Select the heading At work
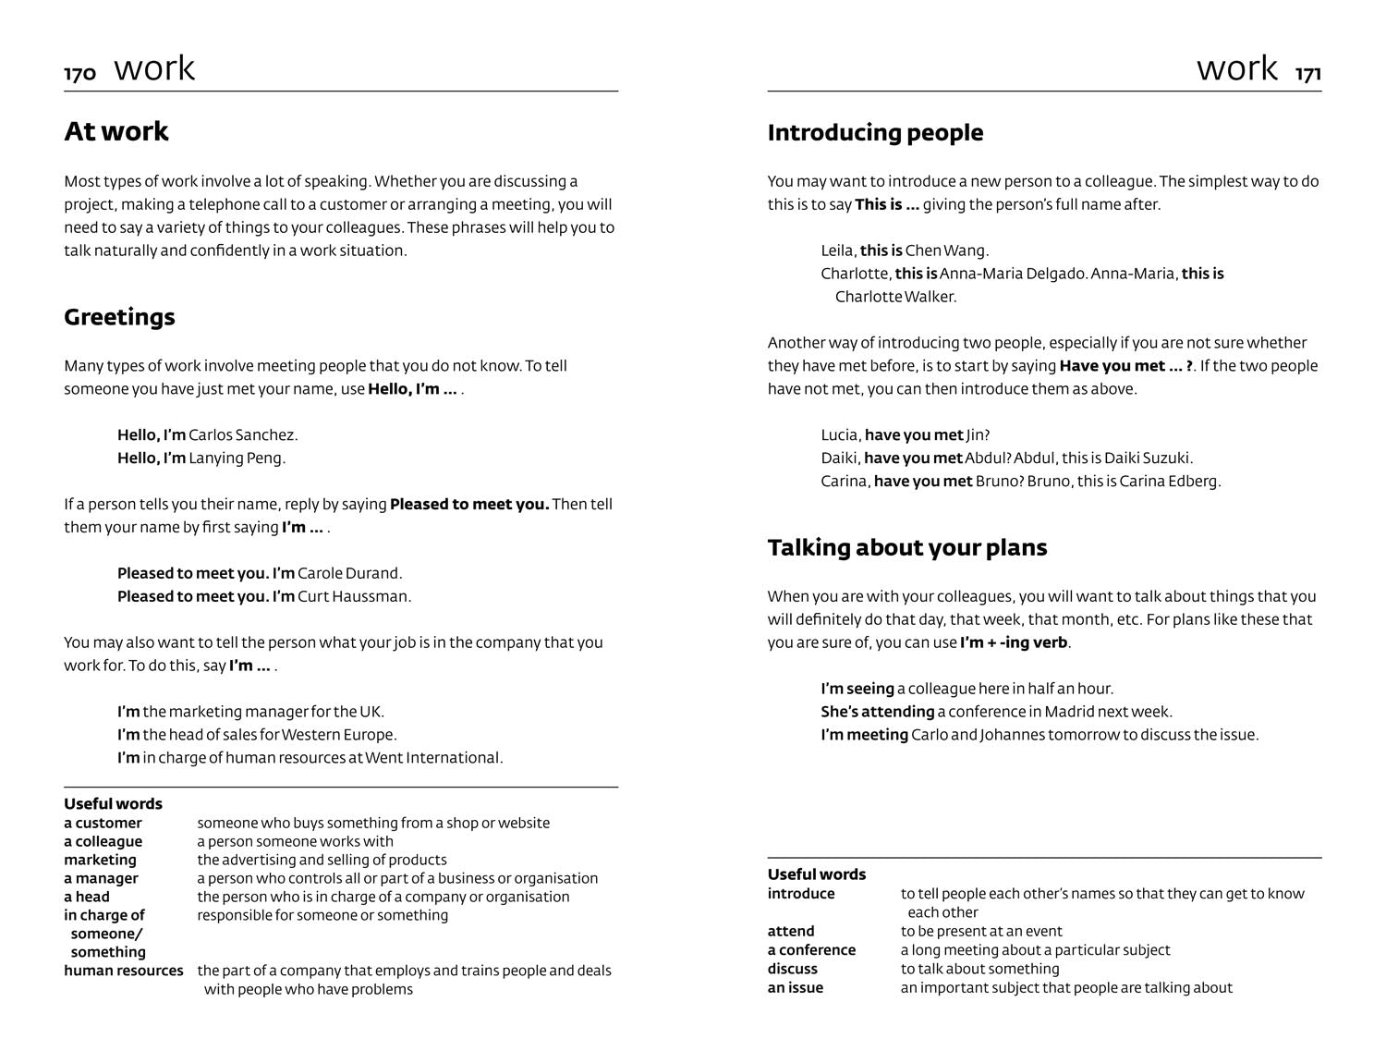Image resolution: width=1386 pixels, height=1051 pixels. click(x=116, y=131)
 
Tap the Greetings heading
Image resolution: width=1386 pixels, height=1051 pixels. click(x=119, y=317)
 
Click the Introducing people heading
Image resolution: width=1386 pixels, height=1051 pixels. click(x=875, y=133)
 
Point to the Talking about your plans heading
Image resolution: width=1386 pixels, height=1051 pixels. click(x=906, y=547)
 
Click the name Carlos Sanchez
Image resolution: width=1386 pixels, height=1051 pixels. click(x=243, y=434)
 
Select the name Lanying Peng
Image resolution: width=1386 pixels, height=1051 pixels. click(x=237, y=458)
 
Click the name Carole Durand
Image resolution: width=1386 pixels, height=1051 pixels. click(x=349, y=573)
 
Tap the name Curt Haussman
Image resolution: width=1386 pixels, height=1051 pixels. click(x=354, y=596)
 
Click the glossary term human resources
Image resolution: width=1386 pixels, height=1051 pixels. click(x=123, y=971)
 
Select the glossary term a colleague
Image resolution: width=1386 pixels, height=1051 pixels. click(x=103, y=841)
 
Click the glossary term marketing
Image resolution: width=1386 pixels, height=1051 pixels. click(x=100, y=860)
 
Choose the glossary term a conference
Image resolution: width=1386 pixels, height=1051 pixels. click(x=811, y=950)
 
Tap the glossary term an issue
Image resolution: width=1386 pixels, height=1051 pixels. click(x=795, y=987)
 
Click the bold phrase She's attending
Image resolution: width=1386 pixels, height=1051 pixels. click(x=877, y=712)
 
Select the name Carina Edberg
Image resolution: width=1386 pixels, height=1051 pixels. click(x=1170, y=481)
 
